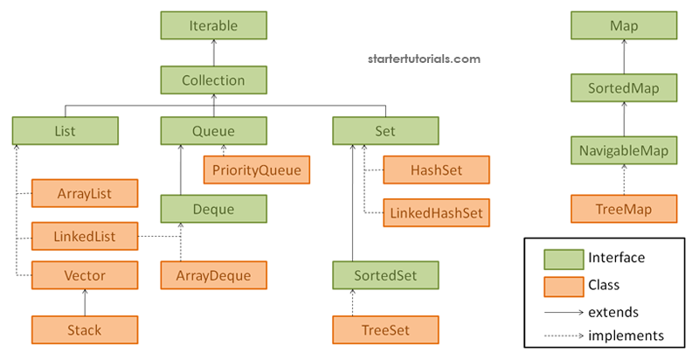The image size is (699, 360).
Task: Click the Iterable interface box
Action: (x=213, y=26)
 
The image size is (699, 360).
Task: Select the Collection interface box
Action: (x=213, y=80)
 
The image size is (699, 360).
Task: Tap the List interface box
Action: (x=65, y=131)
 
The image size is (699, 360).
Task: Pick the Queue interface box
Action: (x=213, y=131)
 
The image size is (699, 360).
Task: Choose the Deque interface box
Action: (x=213, y=209)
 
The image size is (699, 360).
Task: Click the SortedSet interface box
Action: (x=385, y=275)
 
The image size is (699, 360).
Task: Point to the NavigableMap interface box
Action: (x=624, y=151)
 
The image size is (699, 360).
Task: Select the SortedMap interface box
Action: (x=624, y=87)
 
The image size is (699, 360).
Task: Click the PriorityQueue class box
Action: (x=257, y=170)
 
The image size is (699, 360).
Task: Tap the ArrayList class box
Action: (x=85, y=193)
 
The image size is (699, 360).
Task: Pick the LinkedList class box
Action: (x=85, y=235)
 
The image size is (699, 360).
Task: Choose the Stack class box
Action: (x=85, y=329)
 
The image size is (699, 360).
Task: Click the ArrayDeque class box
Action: (x=213, y=275)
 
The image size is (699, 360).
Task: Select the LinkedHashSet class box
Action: (x=436, y=211)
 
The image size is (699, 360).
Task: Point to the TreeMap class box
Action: (x=624, y=209)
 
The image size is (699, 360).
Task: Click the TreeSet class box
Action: (x=385, y=329)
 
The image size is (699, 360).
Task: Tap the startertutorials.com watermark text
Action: (x=423, y=59)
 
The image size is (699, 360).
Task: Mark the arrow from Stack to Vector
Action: (x=85, y=302)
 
